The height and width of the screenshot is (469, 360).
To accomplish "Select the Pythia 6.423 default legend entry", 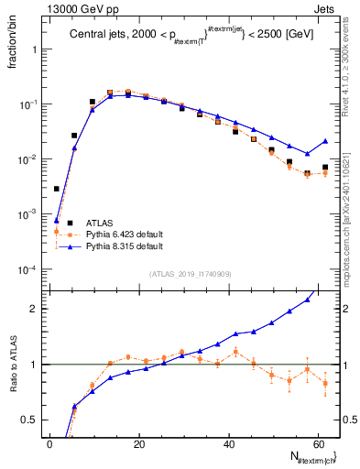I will point(119,234).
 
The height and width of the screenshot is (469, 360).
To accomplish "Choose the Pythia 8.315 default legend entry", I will point(119,246).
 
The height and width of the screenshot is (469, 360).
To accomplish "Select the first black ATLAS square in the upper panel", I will point(57,189).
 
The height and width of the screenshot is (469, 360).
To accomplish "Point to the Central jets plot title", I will point(183,36).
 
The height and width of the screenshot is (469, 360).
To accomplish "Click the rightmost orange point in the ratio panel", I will point(325,384).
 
